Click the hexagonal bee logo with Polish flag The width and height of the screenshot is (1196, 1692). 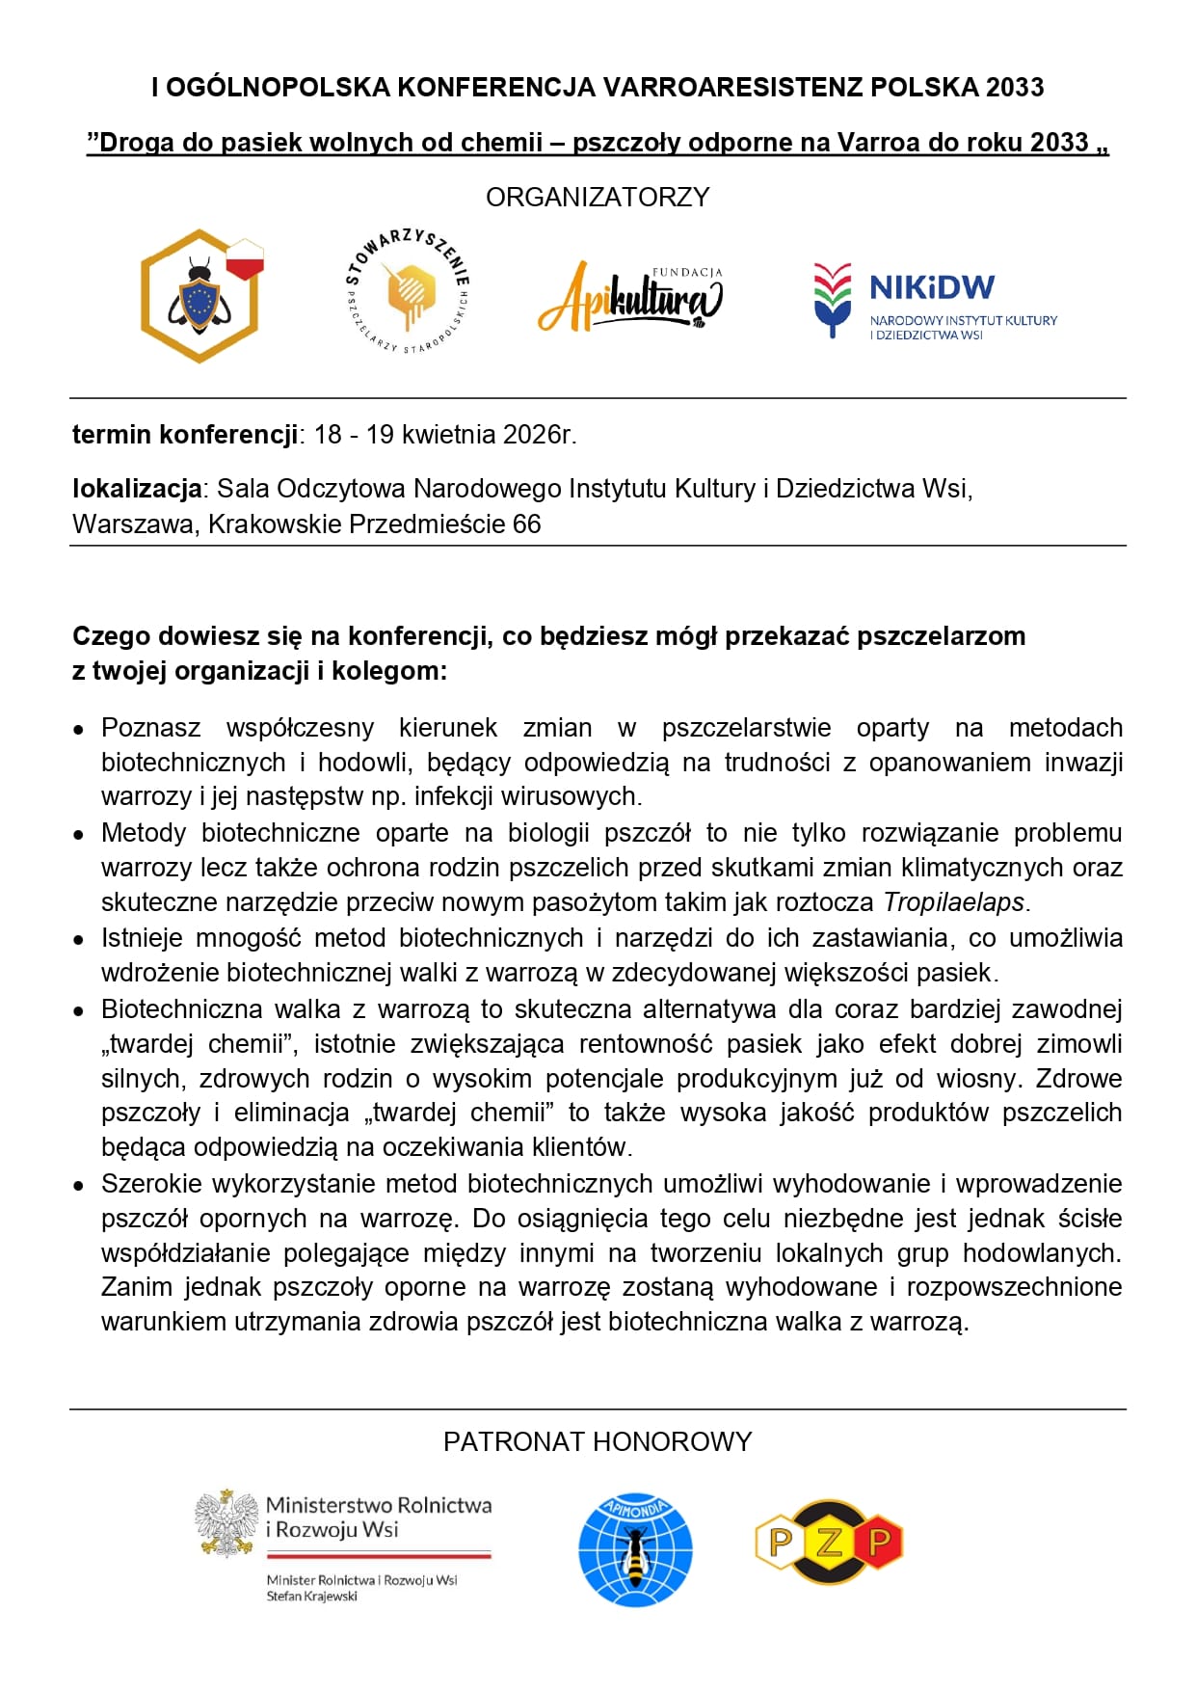click(199, 296)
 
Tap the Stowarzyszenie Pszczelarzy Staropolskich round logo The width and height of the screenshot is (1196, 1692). click(407, 291)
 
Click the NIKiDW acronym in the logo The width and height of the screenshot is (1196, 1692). click(931, 287)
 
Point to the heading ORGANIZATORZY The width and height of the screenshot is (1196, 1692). click(598, 198)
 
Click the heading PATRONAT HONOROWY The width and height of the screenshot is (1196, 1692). click(598, 1442)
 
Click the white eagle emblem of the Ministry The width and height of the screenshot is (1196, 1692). click(227, 1523)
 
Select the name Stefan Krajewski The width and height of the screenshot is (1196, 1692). click(312, 1597)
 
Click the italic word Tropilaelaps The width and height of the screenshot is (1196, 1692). click(954, 902)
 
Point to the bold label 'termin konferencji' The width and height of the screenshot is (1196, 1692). click(185, 435)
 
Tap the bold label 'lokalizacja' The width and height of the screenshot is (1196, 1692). click(137, 489)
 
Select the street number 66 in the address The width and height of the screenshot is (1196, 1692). click(526, 524)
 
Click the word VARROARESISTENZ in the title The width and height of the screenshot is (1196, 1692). click(732, 88)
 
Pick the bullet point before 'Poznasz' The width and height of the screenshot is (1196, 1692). click(80, 730)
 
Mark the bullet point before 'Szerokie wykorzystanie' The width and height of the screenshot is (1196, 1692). click(80, 1186)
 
